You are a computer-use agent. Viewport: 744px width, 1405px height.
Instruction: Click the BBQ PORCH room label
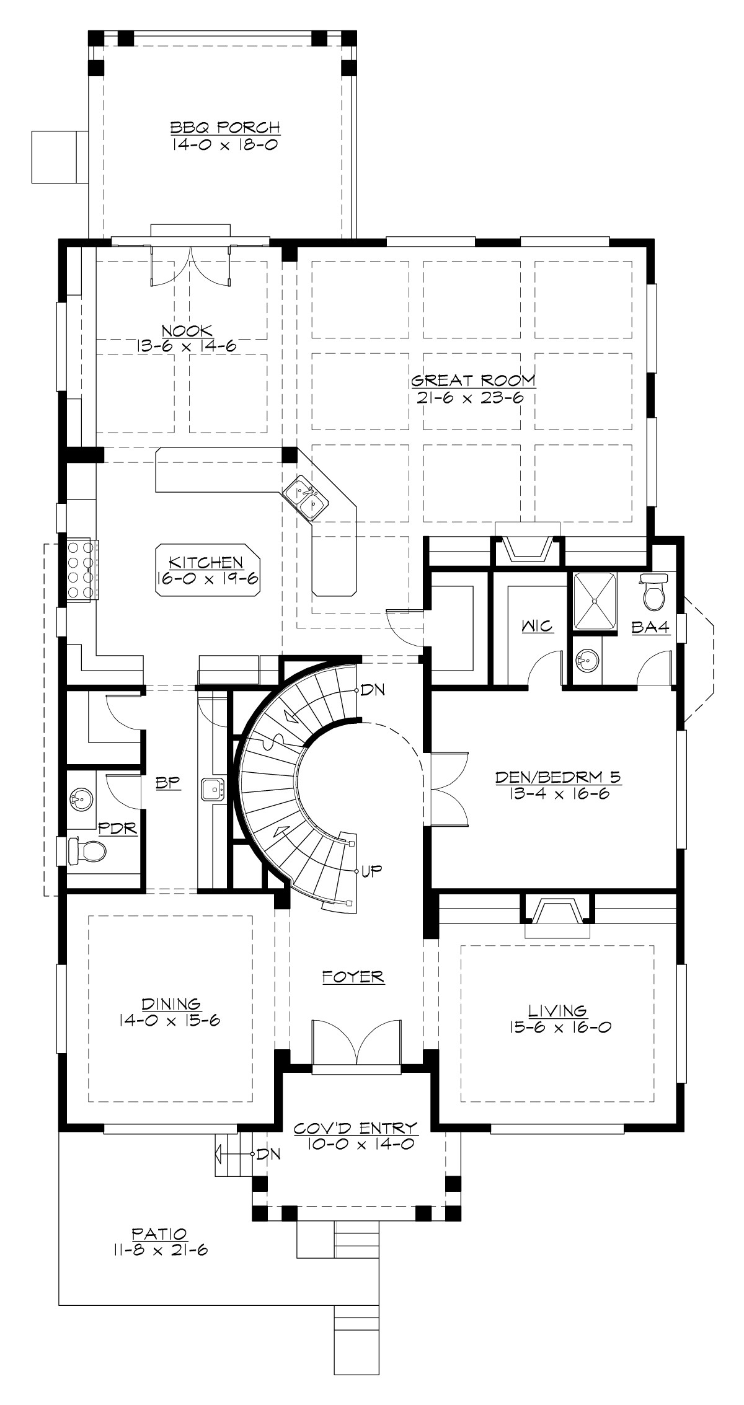pyautogui.click(x=225, y=128)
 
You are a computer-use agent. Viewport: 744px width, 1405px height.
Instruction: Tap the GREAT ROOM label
pyautogui.click(x=473, y=380)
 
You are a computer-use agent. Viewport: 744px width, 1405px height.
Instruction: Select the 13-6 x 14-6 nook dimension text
pyautogui.click(x=187, y=346)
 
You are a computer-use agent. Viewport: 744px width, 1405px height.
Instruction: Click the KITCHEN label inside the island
pyautogui.click(x=206, y=562)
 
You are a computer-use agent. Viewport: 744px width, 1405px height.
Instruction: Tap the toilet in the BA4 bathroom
pyautogui.click(x=653, y=591)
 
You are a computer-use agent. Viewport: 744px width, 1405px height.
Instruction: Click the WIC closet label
pyautogui.click(x=537, y=627)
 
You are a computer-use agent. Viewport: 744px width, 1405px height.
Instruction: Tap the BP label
pyautogui.click(x=167, y=783)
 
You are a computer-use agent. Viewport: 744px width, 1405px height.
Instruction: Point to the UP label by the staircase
pyautogui.click(x=372, y=870)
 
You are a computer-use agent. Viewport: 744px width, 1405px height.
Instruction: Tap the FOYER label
pyautogui.click(x=353, y=977)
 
